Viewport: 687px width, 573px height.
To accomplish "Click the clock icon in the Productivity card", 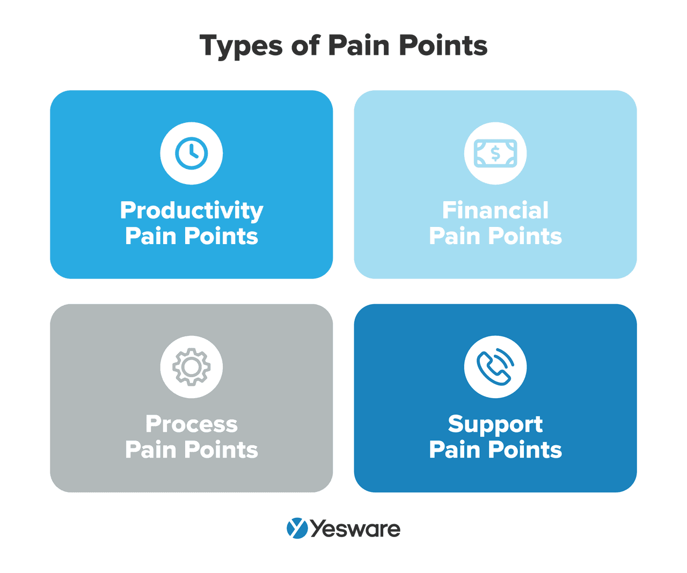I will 191,153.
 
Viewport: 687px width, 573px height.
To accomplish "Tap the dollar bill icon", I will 495,153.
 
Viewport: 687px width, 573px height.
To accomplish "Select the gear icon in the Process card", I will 191,367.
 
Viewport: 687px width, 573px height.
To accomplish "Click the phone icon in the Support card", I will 495,367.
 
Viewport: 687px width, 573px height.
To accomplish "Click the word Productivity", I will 192,211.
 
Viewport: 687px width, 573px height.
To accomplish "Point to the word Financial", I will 495,210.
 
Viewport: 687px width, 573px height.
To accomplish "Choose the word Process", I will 192,424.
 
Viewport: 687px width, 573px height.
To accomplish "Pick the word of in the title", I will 305,46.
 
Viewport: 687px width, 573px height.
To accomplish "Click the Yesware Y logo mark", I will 297,528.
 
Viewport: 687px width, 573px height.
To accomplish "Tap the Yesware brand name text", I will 355,529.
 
